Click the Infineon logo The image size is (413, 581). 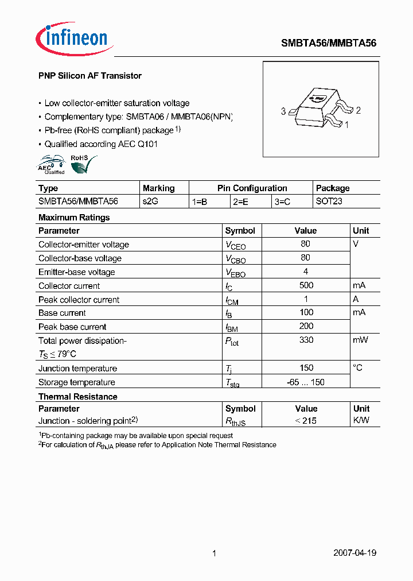(72, 38)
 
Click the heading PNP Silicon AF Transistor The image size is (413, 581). (89, 76)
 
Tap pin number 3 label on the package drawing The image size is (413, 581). (283, 111)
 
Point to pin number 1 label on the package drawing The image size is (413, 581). (346, 123)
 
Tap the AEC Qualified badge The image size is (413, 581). (52, 165)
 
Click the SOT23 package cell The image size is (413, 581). (329, 202)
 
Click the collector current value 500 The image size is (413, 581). (306, 285)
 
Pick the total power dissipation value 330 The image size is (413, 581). (306, 340)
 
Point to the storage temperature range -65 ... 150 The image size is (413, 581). (306, 382)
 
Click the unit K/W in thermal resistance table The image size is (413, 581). (361, 420)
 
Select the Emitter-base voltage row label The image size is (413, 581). (77, 272)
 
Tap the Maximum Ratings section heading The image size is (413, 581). (74, 218)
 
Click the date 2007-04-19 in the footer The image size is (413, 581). (354, 553)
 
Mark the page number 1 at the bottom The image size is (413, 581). (214, 553)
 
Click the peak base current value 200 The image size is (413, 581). (306, 326)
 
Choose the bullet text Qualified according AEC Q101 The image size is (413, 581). (101, 144)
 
